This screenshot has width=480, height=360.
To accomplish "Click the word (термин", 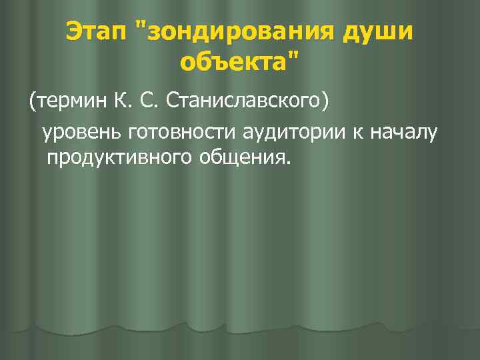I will point(65,102).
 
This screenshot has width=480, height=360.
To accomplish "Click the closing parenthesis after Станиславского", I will point(325,102).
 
